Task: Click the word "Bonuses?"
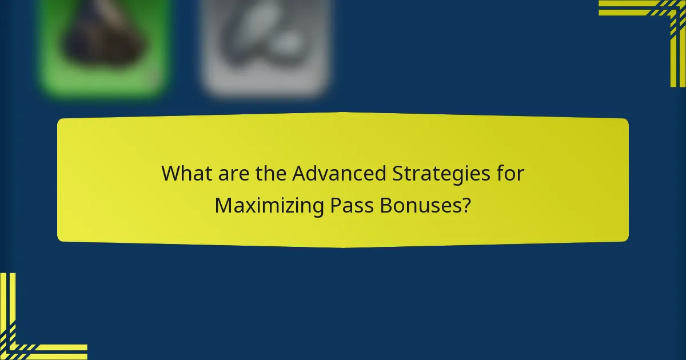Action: pyautogui.click(x=425, y=206)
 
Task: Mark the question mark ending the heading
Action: pyautogui.click(x=468, y=206)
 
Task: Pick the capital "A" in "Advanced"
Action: pyautogui.click(x=298, y=173)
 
